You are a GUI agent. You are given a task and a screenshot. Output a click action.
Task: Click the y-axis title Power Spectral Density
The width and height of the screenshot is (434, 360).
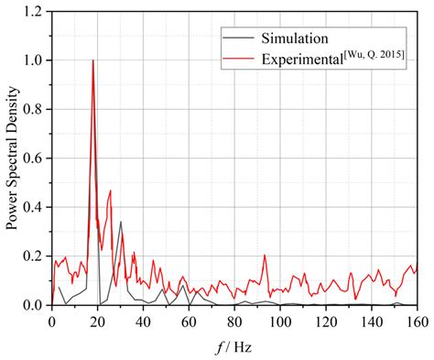(x=12, y=159)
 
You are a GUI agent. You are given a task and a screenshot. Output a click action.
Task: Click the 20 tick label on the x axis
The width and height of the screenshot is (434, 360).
(x=97, y=321)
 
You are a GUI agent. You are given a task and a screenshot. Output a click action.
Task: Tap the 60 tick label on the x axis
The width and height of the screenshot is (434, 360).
(x=189, y=321)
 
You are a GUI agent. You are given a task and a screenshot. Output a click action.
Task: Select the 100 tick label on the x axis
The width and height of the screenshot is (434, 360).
(x=280, y=321)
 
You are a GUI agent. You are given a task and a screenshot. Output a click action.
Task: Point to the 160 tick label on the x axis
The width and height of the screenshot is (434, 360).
(x=416, y=321)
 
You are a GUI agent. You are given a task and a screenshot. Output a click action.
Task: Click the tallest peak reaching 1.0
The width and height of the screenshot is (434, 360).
(x=92, y=61)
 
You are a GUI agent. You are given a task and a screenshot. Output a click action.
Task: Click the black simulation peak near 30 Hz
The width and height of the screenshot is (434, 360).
(x=120, y=222)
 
